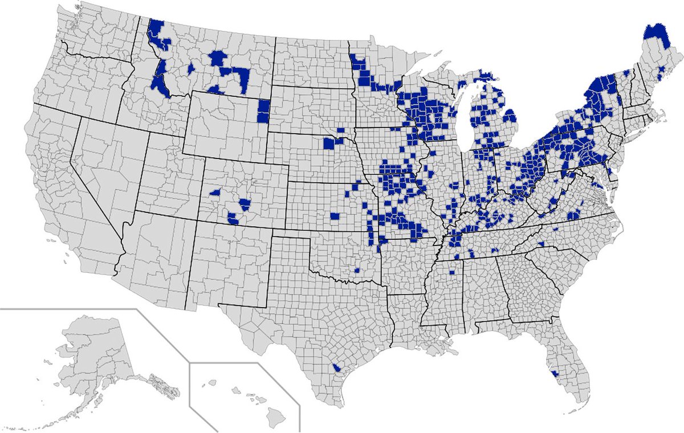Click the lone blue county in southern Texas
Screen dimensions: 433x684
337,368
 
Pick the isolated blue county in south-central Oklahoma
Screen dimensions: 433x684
357,269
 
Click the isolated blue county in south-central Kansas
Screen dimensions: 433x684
335,217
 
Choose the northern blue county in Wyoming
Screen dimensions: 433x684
263,106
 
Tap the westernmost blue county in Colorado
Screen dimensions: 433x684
216,193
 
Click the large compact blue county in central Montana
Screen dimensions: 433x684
218,59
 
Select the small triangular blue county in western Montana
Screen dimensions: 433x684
192,68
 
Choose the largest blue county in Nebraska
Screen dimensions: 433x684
329,143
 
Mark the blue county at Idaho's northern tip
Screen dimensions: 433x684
155,28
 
